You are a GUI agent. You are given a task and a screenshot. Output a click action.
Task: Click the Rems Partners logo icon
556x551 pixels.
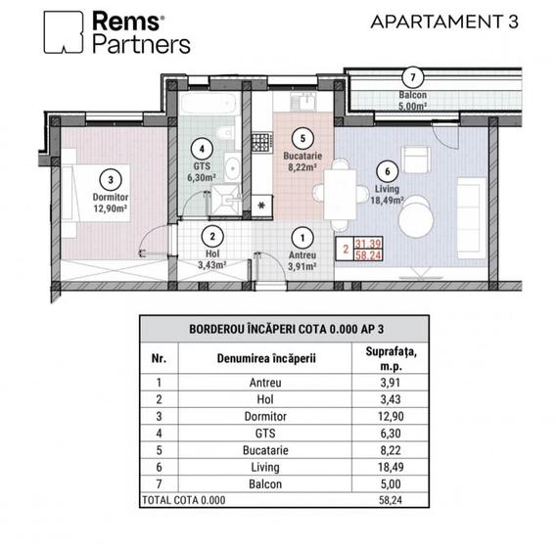click(x=64, y=32)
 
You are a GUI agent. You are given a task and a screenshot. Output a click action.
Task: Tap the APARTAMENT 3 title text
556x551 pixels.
click(x=444, y=22)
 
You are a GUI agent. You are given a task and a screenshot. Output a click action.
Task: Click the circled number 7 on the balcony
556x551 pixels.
click(x=412, y=77)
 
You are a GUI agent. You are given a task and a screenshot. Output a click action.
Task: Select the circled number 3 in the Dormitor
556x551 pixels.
click(x=111, y=180)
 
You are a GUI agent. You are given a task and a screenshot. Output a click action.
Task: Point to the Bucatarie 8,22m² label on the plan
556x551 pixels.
click(x=302, y=161)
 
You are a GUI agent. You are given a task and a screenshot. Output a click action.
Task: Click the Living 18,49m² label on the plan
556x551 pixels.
click(x=387, y=195)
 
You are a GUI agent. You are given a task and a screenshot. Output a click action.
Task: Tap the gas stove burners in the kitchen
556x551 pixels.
click(x=262, y=142)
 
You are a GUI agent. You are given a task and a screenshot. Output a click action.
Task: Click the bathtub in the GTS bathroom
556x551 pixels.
click(x=208, y=104)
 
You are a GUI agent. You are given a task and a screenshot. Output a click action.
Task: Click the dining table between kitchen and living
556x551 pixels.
click(x=340, y=195)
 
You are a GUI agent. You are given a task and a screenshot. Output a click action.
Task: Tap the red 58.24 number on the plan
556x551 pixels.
click(x=368, y=255)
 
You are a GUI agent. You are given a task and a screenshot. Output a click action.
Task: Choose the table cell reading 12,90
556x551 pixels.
click(x=391, y=416)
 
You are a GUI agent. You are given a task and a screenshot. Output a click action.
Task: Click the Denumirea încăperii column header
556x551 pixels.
click(x=266, y=358)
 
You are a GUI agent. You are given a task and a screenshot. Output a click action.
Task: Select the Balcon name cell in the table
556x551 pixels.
click(x=265, y=484)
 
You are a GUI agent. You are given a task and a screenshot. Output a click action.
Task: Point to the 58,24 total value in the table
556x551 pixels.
click(x=391, y=500)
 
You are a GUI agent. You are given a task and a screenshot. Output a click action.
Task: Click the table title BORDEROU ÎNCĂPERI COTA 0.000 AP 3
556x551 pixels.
click(x=287, y=329)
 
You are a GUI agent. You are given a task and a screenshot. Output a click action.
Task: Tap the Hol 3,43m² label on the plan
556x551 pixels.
click(x=212, y=259)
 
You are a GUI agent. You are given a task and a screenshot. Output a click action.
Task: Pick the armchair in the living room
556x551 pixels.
click(x=416, y=160)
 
